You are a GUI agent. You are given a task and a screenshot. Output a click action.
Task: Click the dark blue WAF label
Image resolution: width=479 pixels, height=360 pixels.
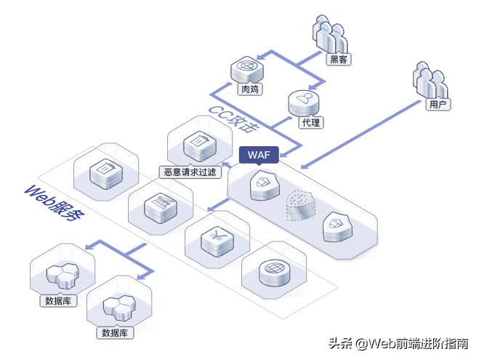[259, 155]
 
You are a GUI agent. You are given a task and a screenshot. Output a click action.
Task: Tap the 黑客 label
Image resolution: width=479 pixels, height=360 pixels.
[338, 60]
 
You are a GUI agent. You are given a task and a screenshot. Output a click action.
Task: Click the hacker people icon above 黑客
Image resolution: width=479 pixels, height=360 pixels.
[331, 33]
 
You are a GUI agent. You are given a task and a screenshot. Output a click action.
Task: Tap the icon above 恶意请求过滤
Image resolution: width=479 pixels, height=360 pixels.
[196, 145]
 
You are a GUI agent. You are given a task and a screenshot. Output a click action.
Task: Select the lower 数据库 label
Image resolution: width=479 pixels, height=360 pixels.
[114, 333]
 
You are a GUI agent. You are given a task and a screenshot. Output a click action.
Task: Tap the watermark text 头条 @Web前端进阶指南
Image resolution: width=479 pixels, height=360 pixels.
[398, 343]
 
